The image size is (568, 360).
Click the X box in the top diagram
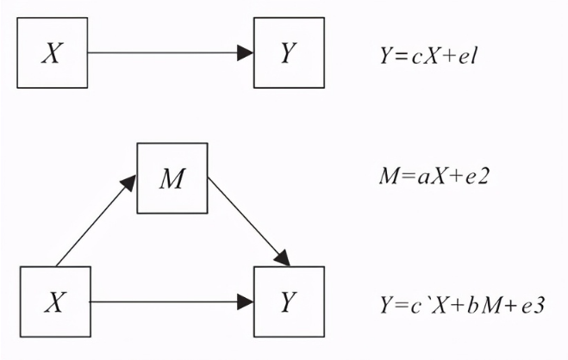(x=53, y=53)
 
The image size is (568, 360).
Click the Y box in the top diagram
(x=289, y=53)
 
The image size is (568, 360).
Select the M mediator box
(x=172, y=179)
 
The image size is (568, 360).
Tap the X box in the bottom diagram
(x=53, y=302)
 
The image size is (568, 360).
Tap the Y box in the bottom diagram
(x=289, y=302)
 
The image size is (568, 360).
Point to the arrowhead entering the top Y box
(x=246, y=53)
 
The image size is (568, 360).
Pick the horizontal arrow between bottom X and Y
(x=164, y=302)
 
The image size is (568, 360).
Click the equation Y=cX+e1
(x=428, y=56)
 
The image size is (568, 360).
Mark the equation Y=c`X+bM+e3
(x=461, y=304)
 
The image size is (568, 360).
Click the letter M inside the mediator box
(x=172, y=180)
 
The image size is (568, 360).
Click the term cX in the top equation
(x=422, y=56)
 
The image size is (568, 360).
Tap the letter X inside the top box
(x=53, y=54)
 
